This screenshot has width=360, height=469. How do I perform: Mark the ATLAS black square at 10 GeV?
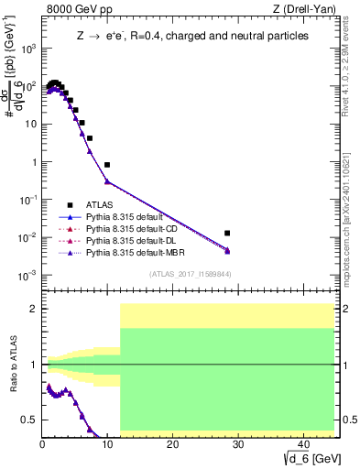(107, 165)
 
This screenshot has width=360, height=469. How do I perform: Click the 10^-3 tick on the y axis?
(27, 275)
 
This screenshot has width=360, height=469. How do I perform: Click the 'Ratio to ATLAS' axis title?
(12, 365)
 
